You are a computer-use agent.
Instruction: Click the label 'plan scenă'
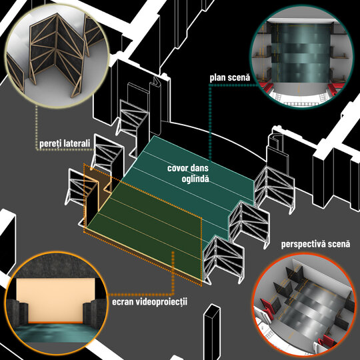click(x=230, y=78)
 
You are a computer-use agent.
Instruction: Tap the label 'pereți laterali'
click(x=65, y=144)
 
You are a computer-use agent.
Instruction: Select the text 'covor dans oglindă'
click(x=188, y=173)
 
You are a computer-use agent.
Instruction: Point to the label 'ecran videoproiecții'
click(x=150, y=301)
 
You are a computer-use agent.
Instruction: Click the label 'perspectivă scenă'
click(x=316, y=244)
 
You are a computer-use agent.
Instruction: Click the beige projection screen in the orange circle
click(x=55, y=300)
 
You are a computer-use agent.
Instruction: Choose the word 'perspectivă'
click(x=304, y=244)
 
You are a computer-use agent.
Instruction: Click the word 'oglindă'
click(x=195, y=179)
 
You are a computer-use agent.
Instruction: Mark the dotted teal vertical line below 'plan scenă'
click(x=209, y=122)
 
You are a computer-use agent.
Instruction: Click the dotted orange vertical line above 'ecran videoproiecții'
click(x=173, y=273)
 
